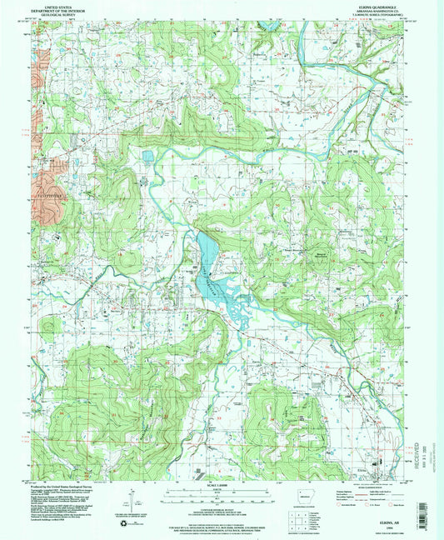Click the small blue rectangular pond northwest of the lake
coord(147,156)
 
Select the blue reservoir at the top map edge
coord(269,25)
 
